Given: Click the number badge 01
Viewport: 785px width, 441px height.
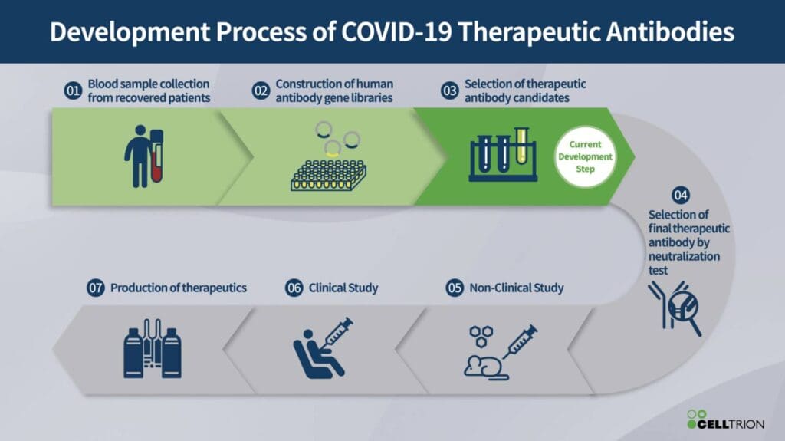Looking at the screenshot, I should pos(73,91).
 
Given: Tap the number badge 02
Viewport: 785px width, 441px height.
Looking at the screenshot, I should pos(261,91).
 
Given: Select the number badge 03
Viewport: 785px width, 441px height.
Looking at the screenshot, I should pos(450,91).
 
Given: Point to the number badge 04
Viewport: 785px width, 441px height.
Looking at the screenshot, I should pos(680,194).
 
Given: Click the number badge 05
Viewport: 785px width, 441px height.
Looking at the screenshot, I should pos(455,288).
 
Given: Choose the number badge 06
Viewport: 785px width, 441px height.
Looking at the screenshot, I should pos(294,288).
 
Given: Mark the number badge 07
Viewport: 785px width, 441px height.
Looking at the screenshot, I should pos(95,288).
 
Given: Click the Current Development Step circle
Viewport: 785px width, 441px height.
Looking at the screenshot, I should pos(585,157).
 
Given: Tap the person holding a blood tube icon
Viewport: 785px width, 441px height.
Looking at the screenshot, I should pos(145,157).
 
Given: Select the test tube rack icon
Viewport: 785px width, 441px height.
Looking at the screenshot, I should pos(502,156).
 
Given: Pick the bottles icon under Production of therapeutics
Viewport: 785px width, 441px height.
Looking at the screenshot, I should pos(152,350).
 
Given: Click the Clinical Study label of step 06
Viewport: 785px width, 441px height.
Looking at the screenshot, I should pos(343,288).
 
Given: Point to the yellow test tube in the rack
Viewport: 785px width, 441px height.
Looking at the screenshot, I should pos(521,146).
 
